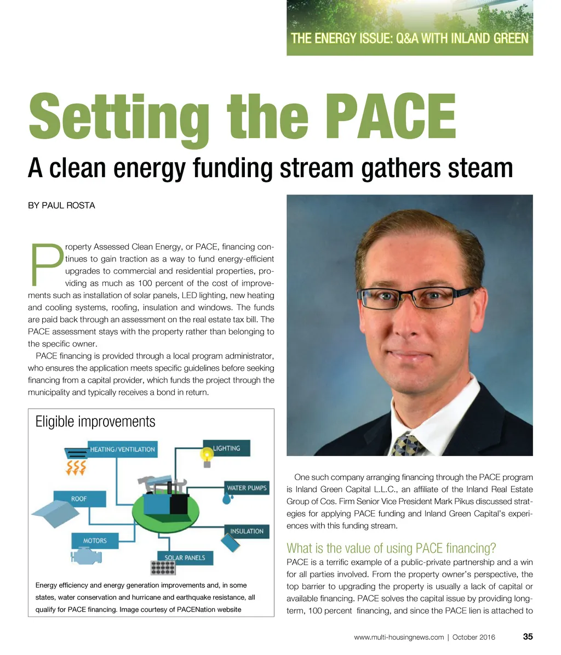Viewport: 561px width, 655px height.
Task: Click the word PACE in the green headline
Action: point(393,117)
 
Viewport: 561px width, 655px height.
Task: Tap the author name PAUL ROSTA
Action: point(61,206)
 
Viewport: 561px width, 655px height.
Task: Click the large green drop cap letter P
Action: point(45,264)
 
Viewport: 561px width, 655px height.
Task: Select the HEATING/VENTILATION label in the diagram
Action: point(122,449)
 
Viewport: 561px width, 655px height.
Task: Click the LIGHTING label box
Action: point(226,448)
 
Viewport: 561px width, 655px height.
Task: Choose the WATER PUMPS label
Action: point(247,487)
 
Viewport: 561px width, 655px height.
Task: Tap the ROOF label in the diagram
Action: point(79,499)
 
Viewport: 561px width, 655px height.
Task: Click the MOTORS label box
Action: point(95,540)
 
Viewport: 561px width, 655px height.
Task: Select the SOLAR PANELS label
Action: point(185,557)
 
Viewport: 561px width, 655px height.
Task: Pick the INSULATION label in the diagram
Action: point(247,531)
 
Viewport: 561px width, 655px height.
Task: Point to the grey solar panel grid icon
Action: point(163,567)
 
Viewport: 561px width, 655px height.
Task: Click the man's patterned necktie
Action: point(409,443)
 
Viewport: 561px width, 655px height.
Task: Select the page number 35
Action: point(528,636)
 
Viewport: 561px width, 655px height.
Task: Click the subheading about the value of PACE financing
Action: point(391,548)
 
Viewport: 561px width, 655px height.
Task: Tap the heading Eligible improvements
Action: point(95,422)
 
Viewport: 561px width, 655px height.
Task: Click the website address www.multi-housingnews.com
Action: point(399,637)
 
